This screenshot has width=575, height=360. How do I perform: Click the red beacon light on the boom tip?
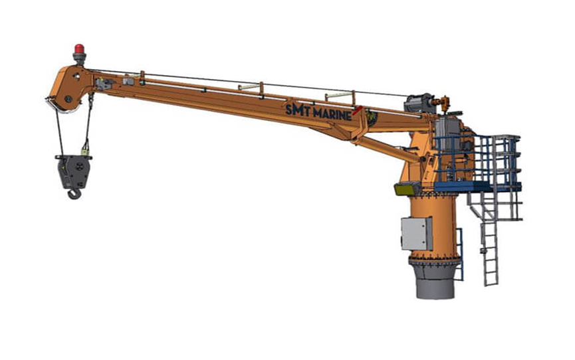click(x=79, y=49)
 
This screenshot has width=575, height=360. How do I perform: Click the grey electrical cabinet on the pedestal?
click(x=416, y=233)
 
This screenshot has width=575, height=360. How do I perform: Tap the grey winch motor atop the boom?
click(x=418, y=102)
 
